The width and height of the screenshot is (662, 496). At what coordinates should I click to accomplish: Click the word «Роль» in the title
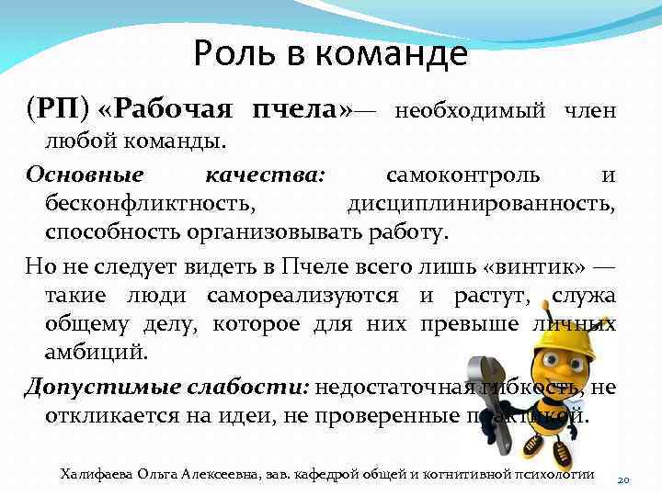click(234, 56)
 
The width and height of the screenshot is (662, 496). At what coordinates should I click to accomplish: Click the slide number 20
click(622, 480)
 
